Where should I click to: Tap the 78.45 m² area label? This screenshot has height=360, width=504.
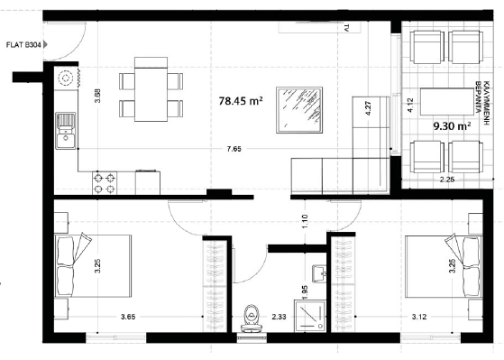click(241, 102)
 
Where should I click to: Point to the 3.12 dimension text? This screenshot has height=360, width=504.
click(420, 317)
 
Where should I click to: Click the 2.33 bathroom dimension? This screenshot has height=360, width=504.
click(278, 317)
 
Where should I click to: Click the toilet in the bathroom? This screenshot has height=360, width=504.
click(252, 316)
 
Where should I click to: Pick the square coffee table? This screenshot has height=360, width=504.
click(298, 109)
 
